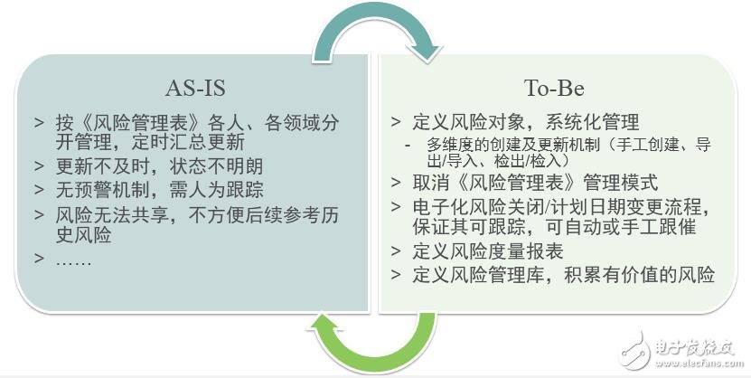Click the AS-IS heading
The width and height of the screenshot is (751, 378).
(195, 88)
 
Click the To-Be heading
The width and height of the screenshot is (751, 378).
(554, 88)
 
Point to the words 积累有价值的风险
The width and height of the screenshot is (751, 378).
(639, 275)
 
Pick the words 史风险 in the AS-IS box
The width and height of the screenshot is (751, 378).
(83, 235)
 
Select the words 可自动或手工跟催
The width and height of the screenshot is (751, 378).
(620, 227)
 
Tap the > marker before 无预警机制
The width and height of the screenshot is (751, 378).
(39, 190)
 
